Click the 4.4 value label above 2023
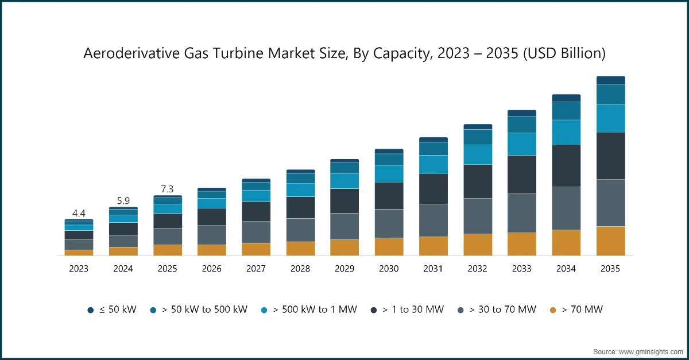coord(79,214)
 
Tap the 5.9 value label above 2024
coord(123,201)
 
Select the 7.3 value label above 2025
coord(167,189)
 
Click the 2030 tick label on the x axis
coord(389,268)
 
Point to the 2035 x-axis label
coord(610,268)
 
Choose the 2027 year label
coord(256,268)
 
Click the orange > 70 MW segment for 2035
coord(610,241)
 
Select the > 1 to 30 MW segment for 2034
coord(566,165)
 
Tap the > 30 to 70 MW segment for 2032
coord(478,216)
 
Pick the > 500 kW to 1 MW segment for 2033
coord(522,144)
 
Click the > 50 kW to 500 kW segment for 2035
coord(610,94)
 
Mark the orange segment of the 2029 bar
coord(344,247)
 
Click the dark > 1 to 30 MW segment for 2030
coord(389,196)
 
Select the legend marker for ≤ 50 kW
coord(91,310)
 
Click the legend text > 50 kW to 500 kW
coord(204,310)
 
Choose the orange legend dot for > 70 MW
coord(553,310)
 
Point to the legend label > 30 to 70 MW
coord(502,310)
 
